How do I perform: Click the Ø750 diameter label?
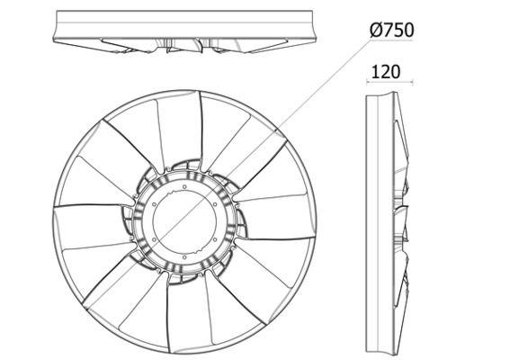click(392, 31)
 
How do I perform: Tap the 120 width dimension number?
click(386, 72)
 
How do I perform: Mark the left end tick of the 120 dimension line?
click(367, 82)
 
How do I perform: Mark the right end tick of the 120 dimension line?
click(413, 82)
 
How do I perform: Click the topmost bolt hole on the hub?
click(184, 186)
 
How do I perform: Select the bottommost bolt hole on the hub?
click(184, 257)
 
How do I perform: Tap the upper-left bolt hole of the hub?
click(154, 204)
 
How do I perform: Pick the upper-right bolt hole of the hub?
click(215, 204)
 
